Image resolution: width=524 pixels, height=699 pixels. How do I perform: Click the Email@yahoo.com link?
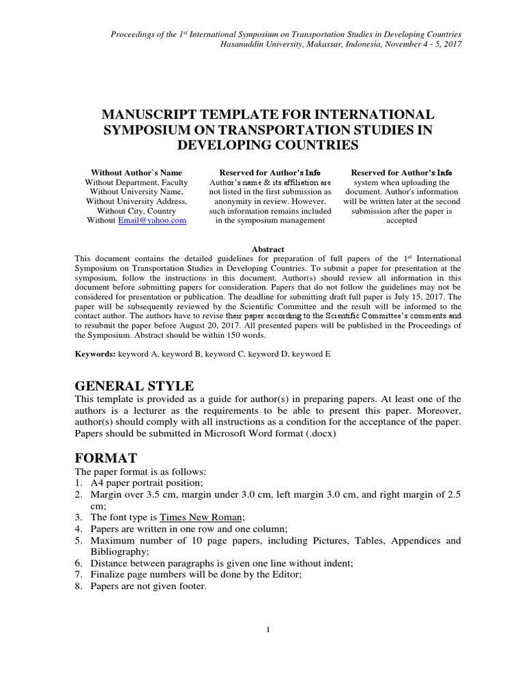[x=152, y=221]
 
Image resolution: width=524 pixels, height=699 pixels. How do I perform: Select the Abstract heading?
[x=267, y=249]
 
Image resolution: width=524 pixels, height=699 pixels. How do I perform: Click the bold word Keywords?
[x=95, y=356]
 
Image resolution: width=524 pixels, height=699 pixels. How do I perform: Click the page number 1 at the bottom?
[x=269, y=629]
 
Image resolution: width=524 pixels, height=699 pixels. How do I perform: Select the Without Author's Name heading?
[x=136, y=173]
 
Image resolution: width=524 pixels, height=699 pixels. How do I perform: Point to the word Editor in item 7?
[x=285, y=574]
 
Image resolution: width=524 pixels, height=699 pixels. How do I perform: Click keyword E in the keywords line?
[x=311, y=356]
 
